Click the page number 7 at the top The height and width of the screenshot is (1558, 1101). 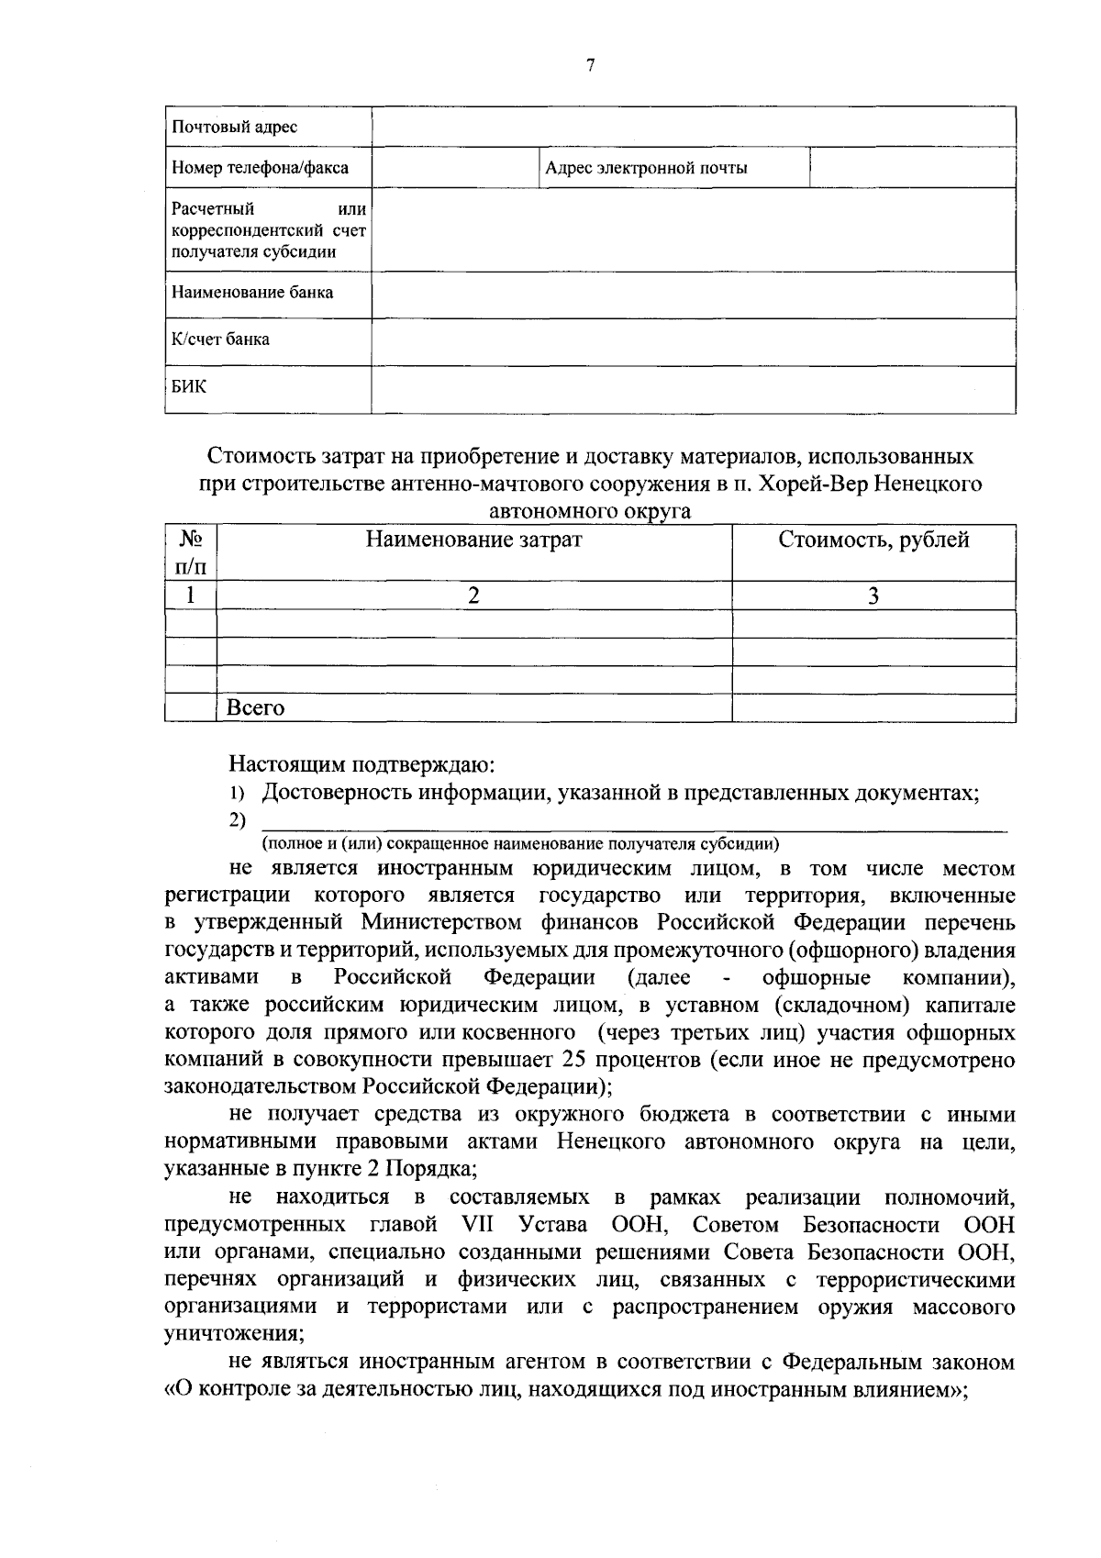coord(590,64)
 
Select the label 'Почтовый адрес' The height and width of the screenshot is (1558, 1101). coord(235,127)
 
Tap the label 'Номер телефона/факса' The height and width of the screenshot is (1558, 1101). coord(260,168)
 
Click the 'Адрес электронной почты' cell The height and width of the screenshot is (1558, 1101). coord(646,168)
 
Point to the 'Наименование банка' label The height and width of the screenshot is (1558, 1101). coord(252,293)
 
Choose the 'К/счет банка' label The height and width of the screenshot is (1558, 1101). coord(220,339)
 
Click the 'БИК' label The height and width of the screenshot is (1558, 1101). coord(188,386)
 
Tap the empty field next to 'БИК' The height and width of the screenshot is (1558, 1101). coord(693,389)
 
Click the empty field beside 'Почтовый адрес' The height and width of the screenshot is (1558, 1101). coord(693,127)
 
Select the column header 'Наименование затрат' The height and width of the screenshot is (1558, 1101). coord(473,540)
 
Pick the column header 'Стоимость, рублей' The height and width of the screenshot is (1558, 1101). coord(873,540)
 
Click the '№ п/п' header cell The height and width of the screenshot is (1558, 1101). coord(190,552)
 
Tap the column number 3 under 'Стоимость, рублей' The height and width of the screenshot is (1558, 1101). coord(873,595)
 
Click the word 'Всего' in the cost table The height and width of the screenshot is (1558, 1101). coord(256,707)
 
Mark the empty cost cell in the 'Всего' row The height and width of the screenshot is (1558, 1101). coord(873,707)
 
